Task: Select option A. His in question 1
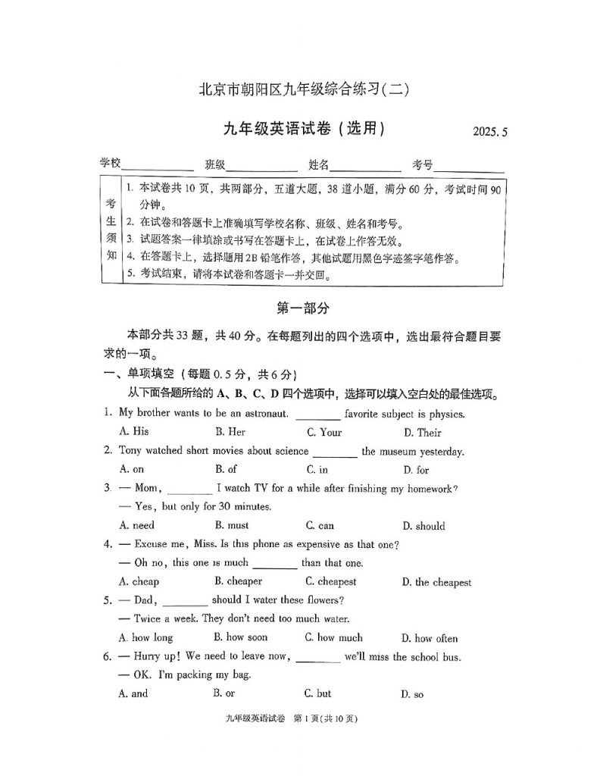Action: point(134,433)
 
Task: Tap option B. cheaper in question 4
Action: point(238,581)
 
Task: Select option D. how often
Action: point(430,638)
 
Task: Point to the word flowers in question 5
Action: point(320,600)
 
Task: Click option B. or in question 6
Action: point(224,693)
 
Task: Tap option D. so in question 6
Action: point(413,694)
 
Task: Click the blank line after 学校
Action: point(158,165)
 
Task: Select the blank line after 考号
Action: point(469,165)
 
